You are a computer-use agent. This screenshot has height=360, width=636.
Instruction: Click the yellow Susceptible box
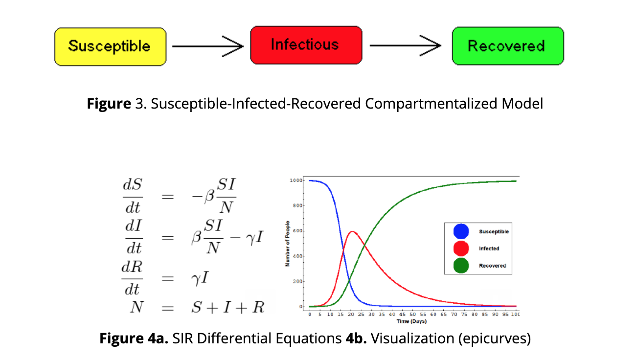point(110,46)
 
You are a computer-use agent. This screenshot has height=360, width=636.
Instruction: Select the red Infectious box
point(306,45)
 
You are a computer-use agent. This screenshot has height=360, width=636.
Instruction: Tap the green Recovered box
point(507,46)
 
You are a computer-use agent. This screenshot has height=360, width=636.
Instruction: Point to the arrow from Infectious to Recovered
point(406,46)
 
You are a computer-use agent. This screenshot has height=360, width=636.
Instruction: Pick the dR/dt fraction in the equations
point(132,279)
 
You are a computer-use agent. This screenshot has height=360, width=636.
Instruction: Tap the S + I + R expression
point(227,307)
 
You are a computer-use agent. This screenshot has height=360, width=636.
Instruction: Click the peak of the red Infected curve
point(352,231)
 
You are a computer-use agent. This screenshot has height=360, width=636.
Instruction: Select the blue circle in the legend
point(461,231)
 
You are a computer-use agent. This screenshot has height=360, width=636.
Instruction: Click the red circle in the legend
point(461,248)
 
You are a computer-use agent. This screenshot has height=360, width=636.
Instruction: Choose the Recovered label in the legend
point(492,266)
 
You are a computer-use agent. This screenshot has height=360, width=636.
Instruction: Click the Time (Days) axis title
point(411,321)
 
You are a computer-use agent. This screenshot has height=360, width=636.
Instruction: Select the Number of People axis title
point(288,243)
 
